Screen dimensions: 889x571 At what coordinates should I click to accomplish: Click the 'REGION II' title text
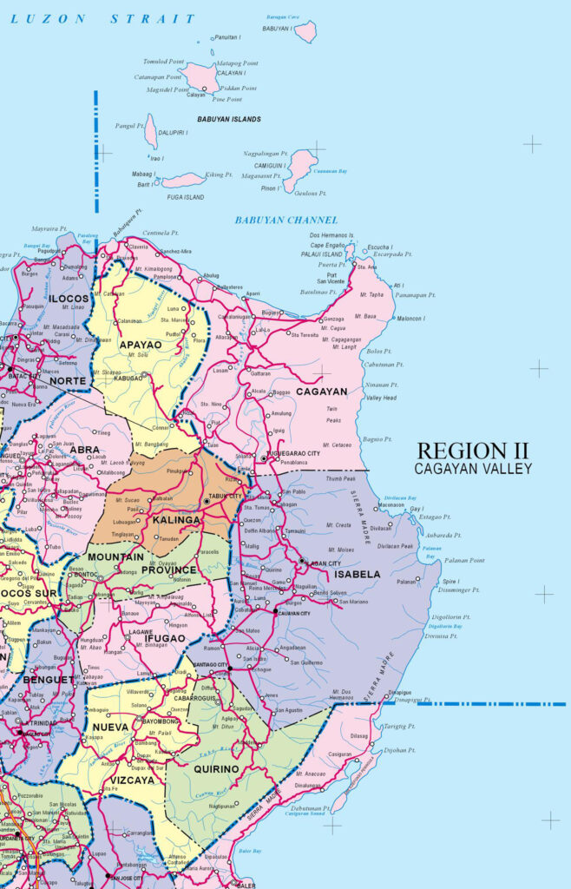click(x=473, y=451)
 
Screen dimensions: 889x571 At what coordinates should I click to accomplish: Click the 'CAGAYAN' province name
click(x=320, y=392)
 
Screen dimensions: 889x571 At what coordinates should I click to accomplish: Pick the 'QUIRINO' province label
click(x=216, y=769)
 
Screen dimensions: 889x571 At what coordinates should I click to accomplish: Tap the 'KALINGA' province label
click(x=177, y=520)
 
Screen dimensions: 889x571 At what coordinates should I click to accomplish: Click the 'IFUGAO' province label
click(x=165, y=638)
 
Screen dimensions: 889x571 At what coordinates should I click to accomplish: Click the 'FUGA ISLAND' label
click(x=185, y=197)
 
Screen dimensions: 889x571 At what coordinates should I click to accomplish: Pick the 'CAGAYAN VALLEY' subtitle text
click(x=473, y=469)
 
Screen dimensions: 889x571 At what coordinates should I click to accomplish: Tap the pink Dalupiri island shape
click(x=151, y=132)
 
